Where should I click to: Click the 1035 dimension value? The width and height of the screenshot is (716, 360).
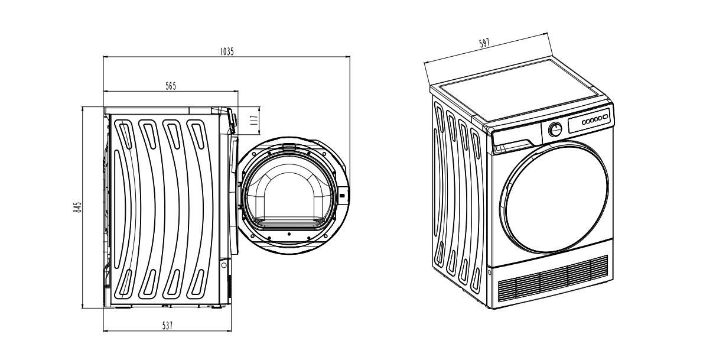click(x=227, y=51)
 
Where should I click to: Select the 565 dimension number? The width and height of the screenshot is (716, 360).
click(x=170, y=86)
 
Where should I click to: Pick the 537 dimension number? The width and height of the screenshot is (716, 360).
click(x=167, y=325)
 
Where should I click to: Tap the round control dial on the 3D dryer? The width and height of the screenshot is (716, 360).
click(x=555, y=129)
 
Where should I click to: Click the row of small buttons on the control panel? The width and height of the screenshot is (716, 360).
click(x=593, y=119)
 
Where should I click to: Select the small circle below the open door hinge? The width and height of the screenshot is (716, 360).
click(x=223, y=265)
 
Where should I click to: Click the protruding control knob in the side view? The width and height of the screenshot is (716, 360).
click(x=233, y=121)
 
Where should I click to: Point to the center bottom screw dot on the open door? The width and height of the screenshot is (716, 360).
click(x=289, y=235)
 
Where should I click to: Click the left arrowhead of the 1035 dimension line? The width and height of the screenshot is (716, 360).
click(x=106, y=57)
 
